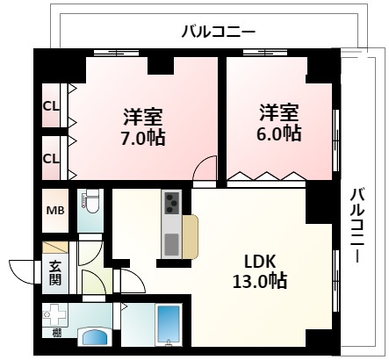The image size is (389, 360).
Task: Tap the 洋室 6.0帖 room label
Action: pyautogui.click(x=279, y=123)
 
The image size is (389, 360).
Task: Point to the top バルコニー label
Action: pyautogui.click(x=218, y=32)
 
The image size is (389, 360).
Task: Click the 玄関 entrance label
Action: pyautogui.click(x=55, y=273)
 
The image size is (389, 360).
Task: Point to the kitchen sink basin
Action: pyautogui.click(x=170, y=241)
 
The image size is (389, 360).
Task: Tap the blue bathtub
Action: pyautogui.click(x=167, y=325)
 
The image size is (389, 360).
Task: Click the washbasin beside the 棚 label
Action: pyautogui.click(x=96, y=335)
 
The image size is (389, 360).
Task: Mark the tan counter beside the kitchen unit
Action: pyautogui.click(x=191, y=235)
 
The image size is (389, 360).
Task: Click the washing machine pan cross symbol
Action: pyautogui.click(x=58, y=313)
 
